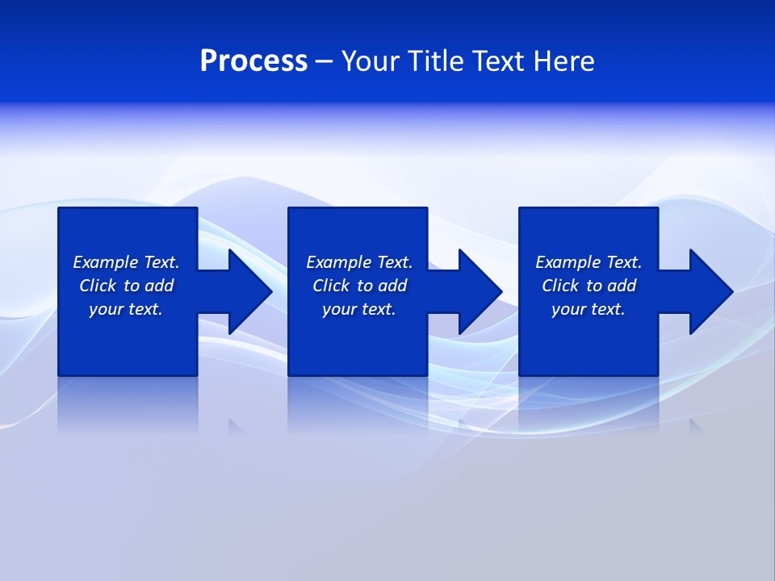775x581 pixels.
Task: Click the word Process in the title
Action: coord(253,61)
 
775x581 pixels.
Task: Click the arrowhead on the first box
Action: coord(247,291)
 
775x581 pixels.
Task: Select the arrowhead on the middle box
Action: coord(477,291)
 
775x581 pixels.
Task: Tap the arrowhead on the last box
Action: coord(708,291)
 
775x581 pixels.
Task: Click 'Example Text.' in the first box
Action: coord(126,262)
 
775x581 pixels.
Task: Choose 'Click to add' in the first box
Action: coord(126,286)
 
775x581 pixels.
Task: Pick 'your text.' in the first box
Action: coord(126,309)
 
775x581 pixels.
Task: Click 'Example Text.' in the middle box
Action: coord(359,262)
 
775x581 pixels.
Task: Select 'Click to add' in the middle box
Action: coord(359,286)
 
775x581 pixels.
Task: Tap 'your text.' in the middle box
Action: coord(359,309)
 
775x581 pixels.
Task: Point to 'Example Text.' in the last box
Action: coord(589,262)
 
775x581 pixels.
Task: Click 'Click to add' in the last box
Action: coord(589,286)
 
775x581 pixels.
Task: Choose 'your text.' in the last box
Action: coord(589,309)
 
